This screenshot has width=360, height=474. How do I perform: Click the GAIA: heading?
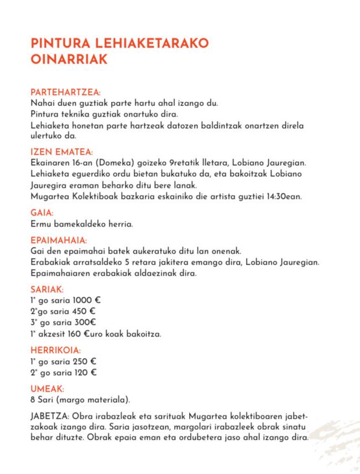point(42,213)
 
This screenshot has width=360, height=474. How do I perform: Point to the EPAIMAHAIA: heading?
point(59,240)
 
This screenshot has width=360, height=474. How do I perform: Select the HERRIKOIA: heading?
point(56,350)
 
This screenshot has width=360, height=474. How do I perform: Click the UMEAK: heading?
point(48,388)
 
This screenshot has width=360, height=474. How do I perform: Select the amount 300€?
point(85,323)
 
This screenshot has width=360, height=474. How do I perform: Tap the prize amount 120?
point(81,372)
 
